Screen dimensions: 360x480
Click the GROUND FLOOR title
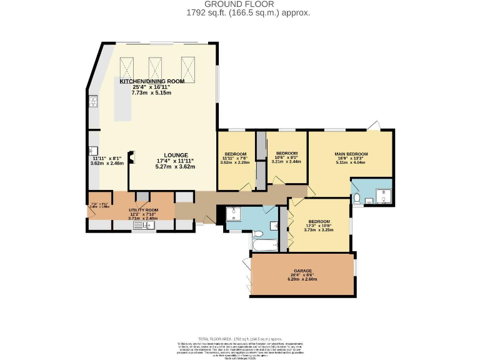pyautogui.click(x=239, y=4)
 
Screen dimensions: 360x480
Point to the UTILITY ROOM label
pyautogui.click(x=144, y=210)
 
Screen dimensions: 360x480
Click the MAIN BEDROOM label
pyautogui.click(x=351, y=154)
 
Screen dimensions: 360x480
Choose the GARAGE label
pyautogui.click(x=302, y=272)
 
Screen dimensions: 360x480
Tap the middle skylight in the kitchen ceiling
pyautogui.click(x=156, y=66)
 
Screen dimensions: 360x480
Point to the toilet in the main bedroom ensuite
pyautogui.click(x=356, y=199)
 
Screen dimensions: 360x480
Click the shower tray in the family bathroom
pyautogui.click(x=232, y=214)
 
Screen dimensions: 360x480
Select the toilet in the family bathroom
pyautogui.click(x=274, y=224)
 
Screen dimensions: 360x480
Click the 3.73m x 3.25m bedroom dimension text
pyautogui.click(x=319, y=230)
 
